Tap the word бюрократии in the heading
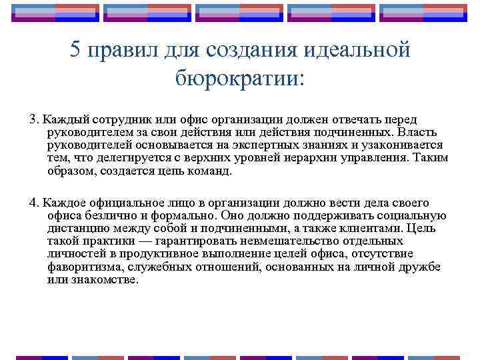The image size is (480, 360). (x=239, y=79)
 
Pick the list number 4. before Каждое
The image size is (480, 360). (x=34, y=203)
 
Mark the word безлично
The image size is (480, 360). (x=102, y=215)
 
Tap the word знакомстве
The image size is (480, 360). (x=103, y=279)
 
